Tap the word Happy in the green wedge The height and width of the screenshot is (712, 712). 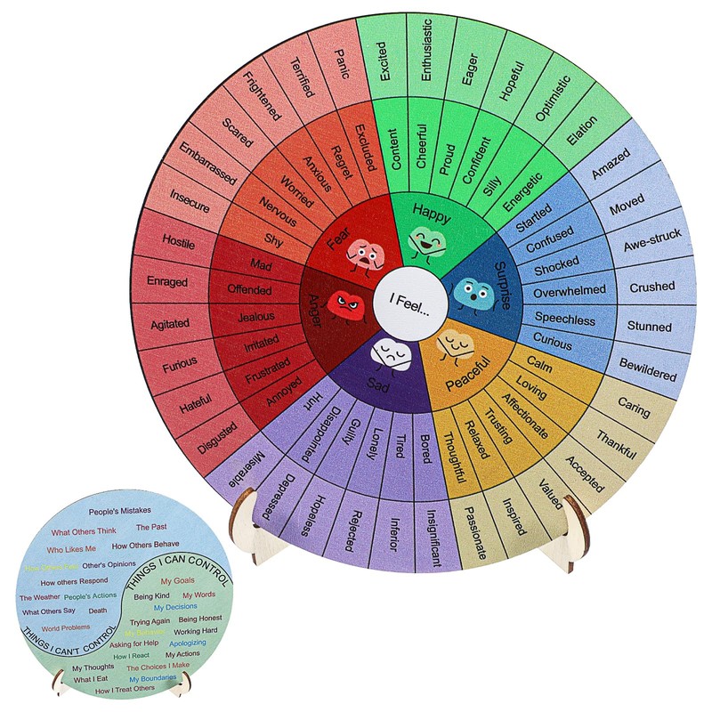click(431, 214)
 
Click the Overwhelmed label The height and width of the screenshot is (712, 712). click(570, 290)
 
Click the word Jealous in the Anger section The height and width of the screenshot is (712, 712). click(256, 316)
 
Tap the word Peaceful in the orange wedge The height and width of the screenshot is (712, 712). click(467, 363)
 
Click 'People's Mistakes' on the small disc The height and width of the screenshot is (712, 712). click(119, 511)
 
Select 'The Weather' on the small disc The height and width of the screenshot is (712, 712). click(38, 597)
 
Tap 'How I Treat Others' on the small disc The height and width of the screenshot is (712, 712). click(125, 689)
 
